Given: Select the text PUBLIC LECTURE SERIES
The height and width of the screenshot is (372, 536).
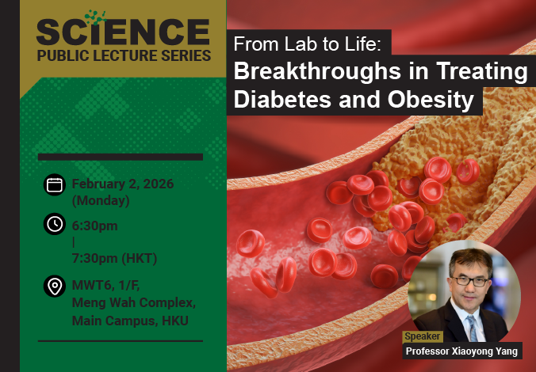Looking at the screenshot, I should [123, 56].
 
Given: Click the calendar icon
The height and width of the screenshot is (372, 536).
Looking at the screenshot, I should [55, 184].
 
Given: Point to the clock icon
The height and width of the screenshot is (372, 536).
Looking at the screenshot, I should [55, 224].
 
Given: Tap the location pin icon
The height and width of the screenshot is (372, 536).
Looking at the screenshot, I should [55, 287].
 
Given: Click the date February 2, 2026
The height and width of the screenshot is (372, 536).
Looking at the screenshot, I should [123, 184].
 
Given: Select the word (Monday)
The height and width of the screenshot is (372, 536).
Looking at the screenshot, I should [101, 200].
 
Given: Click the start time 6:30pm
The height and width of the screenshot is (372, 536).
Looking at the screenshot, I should [94, 226].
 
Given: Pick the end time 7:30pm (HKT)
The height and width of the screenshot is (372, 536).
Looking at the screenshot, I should [114, 258].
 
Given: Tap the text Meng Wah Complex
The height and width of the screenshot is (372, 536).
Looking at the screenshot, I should [133, 303].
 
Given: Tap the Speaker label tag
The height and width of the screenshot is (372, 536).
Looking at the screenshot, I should [423, 336].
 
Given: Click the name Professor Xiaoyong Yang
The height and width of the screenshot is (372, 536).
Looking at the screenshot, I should [461, 351].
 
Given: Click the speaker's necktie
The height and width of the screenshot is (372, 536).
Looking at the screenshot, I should [473, 325].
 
